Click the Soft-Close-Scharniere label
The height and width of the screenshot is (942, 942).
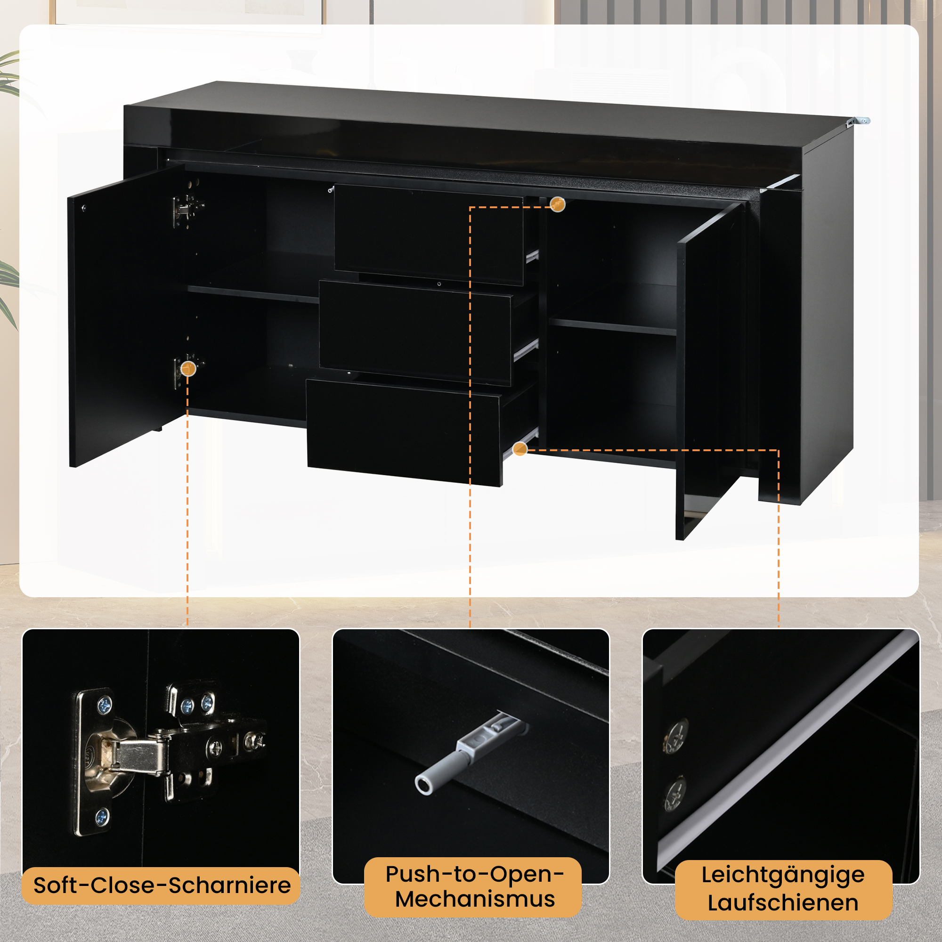(162, 885)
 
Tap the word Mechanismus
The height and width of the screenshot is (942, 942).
(475, 899)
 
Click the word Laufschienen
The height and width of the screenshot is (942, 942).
(783, 902)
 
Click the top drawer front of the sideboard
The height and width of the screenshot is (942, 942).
(429, 235)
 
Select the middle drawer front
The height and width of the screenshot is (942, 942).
(415, 332)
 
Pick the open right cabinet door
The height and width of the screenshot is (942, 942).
(710, 371)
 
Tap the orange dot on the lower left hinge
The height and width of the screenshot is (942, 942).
(188, 369)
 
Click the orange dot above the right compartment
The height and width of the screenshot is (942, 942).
(558, 204)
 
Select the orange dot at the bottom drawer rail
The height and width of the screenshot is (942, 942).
(520, 448)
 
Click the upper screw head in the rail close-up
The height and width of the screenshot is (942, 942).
(675, 736)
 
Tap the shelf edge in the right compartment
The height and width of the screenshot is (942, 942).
(612, 327)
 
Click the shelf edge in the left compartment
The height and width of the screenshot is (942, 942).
(253, 294)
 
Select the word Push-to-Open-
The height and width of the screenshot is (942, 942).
(475, 874)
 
